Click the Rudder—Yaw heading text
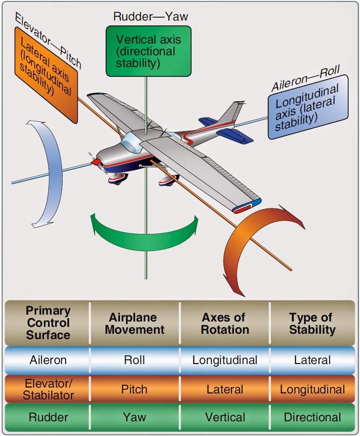151,16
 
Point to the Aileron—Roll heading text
306,78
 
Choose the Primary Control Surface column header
48,323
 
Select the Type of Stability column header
313,323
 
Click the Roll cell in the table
134,361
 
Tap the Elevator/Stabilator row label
48,389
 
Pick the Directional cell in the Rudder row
313,417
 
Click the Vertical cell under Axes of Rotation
225,417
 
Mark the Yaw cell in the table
134,417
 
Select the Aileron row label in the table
48,361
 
